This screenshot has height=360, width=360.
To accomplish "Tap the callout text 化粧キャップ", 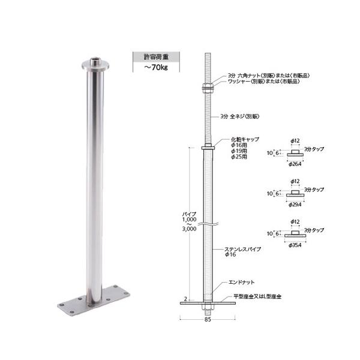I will (247, 139).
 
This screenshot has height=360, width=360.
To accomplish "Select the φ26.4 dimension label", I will (295, 164).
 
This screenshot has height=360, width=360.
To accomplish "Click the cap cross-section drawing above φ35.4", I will (295, 234).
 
